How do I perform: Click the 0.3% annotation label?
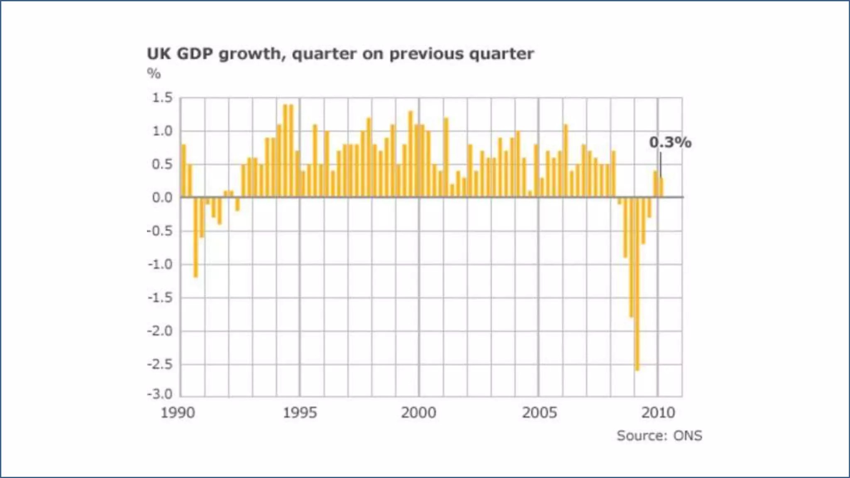tap(670, 142)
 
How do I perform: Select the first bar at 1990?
tap(184, 171)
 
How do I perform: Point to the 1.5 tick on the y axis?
tap(162, 98)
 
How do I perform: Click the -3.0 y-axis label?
tap(160, 393)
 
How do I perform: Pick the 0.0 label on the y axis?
tap(162, 198)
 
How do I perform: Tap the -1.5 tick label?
tap(160, 298)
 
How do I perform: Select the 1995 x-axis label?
tap(300, 413)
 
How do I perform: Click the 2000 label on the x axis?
tap(418, 413)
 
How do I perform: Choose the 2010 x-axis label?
tap(658, 413)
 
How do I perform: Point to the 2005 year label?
tap(539, 413)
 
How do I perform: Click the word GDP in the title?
tap(195, 54)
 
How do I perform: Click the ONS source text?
tap(687, 436)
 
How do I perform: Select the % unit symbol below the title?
tap(154, 74)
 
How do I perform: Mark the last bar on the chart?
tap(662, 188)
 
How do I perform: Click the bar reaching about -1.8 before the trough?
tap(631, 257)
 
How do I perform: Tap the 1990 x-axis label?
tap(178, 413)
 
